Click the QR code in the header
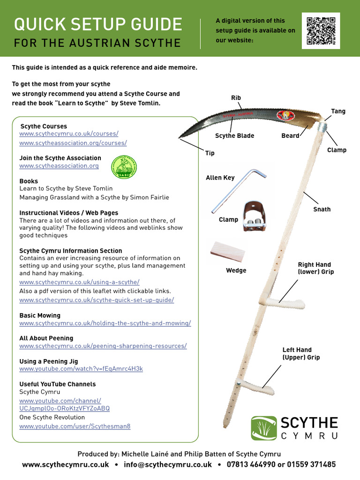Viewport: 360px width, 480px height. tap(321, 31)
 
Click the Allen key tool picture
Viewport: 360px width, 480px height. tap(238, 190)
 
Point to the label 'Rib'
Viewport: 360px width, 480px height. tap(236, 97)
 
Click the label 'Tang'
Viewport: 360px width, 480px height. tap(338, 111)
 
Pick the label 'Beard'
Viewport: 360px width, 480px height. tap(290, 136)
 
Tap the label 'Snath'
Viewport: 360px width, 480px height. tap(322, 209)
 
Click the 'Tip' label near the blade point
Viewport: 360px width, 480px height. tap(210, 153)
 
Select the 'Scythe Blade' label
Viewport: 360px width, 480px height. tap(234, 136)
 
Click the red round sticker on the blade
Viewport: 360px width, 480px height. tap(284, 115)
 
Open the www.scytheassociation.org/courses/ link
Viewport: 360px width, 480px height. tap(73, 142)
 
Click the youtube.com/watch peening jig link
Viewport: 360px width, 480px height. tap(81, 369)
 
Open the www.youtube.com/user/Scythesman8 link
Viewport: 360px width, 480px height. tap(75, 426)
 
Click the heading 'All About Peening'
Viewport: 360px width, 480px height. tap(46, 338)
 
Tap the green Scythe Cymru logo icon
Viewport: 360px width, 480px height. tap(263, 428)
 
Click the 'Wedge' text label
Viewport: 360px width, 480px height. tap(236, 270)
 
